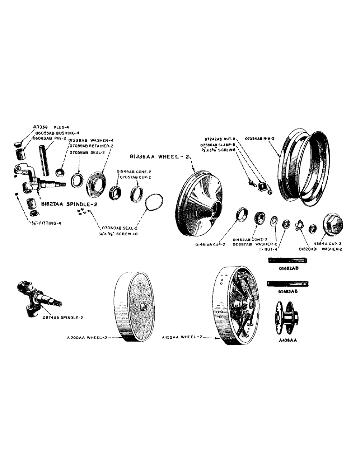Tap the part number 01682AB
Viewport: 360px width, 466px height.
pyautogui.click(x=284, y=268)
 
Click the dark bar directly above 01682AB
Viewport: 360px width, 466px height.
pyautogui.click(x=284, y=261)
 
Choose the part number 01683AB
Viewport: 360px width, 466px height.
pyautogui.click(x=284, y=291)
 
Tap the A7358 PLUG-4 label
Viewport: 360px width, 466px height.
pyautogui.click(x=50, y=126)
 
